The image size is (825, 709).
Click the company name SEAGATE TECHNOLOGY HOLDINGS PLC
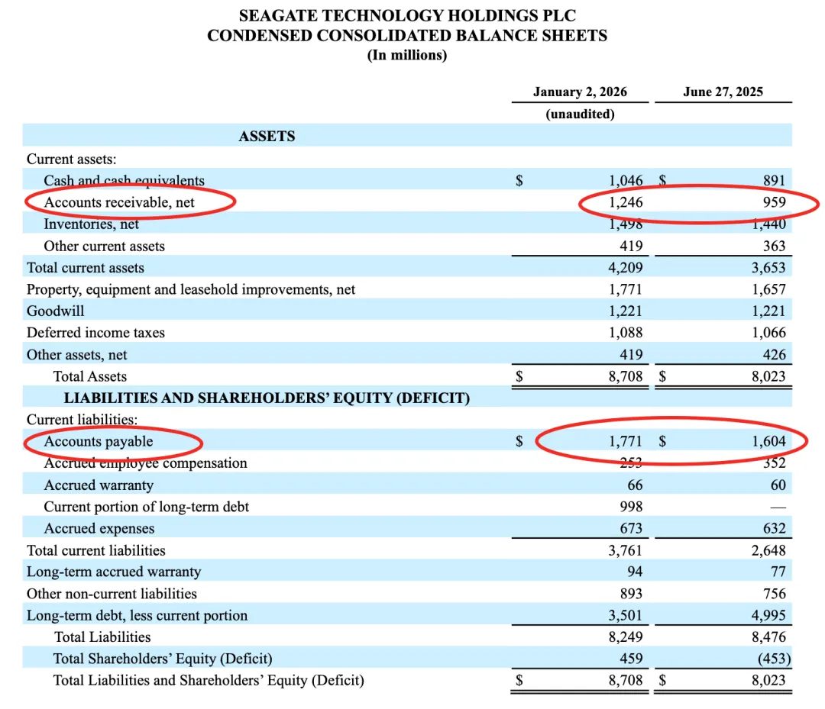(407, 15)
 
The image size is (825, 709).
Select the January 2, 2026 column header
(580, 92)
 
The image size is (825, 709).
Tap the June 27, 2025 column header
(723, 92)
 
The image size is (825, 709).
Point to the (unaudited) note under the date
(580, 114)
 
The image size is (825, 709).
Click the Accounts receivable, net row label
(119, 202)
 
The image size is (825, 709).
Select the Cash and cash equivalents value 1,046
(626, 181)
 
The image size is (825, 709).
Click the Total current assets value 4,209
(626, 268)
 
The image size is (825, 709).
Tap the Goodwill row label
(56, 311)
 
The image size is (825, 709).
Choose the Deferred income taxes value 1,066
(768, 333)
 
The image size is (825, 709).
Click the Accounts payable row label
(99, 442)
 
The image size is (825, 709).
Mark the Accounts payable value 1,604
(768, 442)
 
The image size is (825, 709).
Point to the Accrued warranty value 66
(634, 485)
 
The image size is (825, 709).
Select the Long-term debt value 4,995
(768, 616)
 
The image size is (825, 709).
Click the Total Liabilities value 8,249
(626, 637)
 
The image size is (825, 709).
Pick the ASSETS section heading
(267, 137)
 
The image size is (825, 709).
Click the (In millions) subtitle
(407, 55)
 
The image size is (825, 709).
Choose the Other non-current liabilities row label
(112, 594)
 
